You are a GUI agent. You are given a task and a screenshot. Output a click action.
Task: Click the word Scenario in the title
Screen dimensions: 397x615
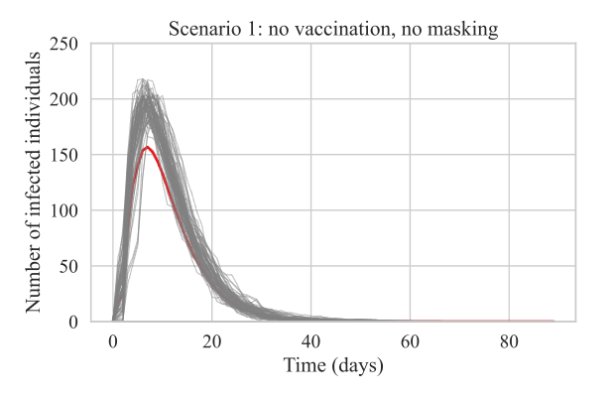coord(201,31)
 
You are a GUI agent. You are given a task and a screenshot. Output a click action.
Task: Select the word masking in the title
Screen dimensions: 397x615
coord(464,31)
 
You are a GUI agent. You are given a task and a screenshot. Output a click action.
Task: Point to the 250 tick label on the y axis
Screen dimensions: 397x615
coord(64,44)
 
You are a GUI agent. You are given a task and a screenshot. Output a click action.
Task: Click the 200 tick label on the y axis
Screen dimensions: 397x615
coord(64,99)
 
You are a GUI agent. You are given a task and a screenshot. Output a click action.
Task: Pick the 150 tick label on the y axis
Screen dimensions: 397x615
coord(64,155)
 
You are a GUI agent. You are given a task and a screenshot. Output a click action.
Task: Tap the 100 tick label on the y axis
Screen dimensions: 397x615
coord(64,210)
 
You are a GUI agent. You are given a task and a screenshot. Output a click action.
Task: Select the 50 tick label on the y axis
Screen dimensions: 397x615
coord(69,266)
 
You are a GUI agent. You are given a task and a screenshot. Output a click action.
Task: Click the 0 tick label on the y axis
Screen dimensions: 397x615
coord(74,322)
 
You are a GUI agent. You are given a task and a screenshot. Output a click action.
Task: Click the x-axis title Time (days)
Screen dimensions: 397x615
coord(333,364)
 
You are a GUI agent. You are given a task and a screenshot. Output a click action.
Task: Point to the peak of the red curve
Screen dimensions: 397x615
coord(148,147)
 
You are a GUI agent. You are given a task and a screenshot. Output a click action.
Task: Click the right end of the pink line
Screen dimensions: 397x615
coord(553,321)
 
